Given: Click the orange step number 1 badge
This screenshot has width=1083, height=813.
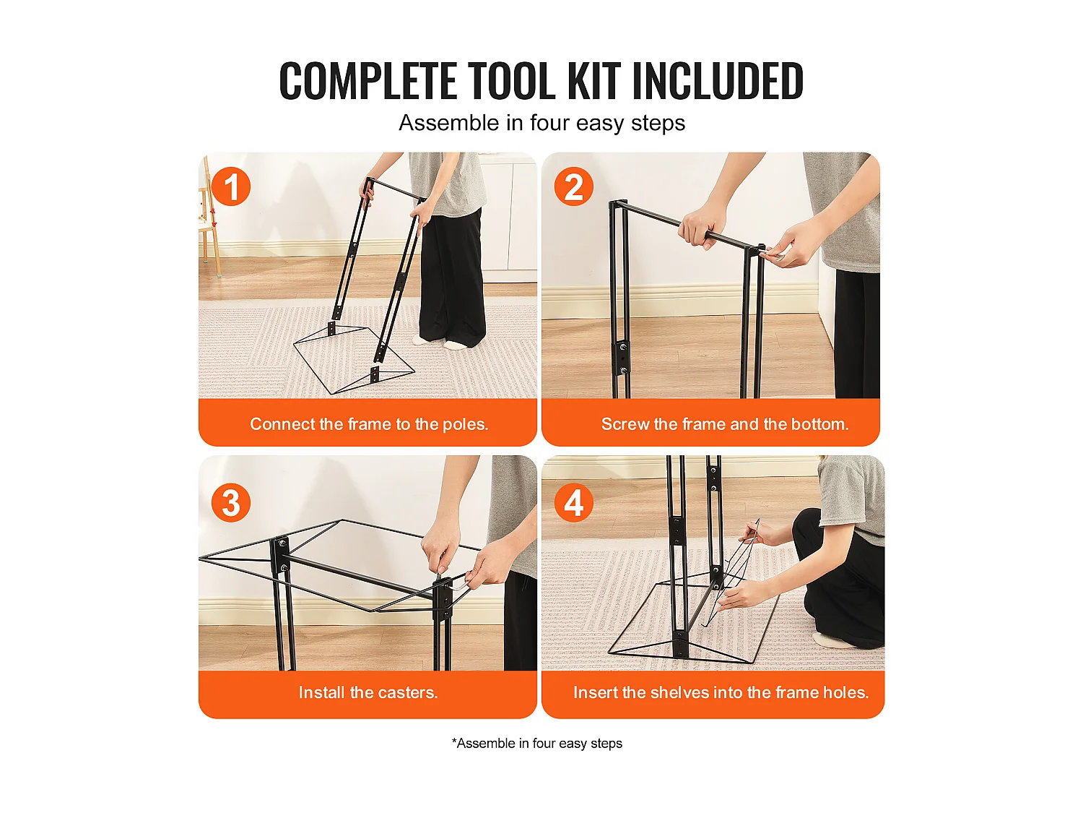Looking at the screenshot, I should tap(231, 187).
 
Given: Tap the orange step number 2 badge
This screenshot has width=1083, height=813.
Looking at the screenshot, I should tap(573, 187).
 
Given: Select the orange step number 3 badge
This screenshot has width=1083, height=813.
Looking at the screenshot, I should tap(231, 503).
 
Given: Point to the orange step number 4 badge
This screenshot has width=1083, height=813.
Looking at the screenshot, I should tap(573, 503).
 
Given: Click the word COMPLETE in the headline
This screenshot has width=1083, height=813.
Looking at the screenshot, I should tap(367, 81).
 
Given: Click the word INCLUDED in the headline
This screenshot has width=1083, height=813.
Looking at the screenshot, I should tap(717, 81).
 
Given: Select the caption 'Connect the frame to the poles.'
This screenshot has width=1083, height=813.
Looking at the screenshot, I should tap(369, 424).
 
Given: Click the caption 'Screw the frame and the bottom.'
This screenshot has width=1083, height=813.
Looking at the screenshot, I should tap(724, 424).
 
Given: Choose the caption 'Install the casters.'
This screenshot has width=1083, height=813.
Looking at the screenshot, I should tap(368, 692).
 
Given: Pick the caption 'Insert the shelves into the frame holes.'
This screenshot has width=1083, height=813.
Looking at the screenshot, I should tap(721, 692).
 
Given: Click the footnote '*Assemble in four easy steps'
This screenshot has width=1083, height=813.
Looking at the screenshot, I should tap(536, 744).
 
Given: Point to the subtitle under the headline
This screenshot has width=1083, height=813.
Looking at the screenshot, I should tap(541, 123).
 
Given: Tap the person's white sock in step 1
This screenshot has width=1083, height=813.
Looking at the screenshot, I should tap(456, 344).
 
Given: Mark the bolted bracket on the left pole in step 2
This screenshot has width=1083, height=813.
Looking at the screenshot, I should tap(622, 356).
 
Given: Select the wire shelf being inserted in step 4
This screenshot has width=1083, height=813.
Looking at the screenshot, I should tap(733, 571).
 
